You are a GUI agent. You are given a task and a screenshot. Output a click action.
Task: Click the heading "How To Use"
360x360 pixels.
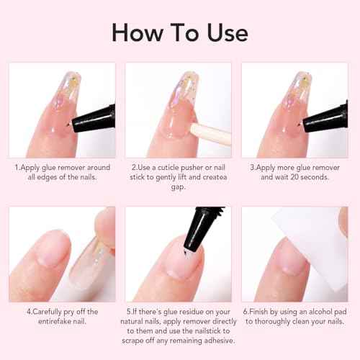179,32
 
